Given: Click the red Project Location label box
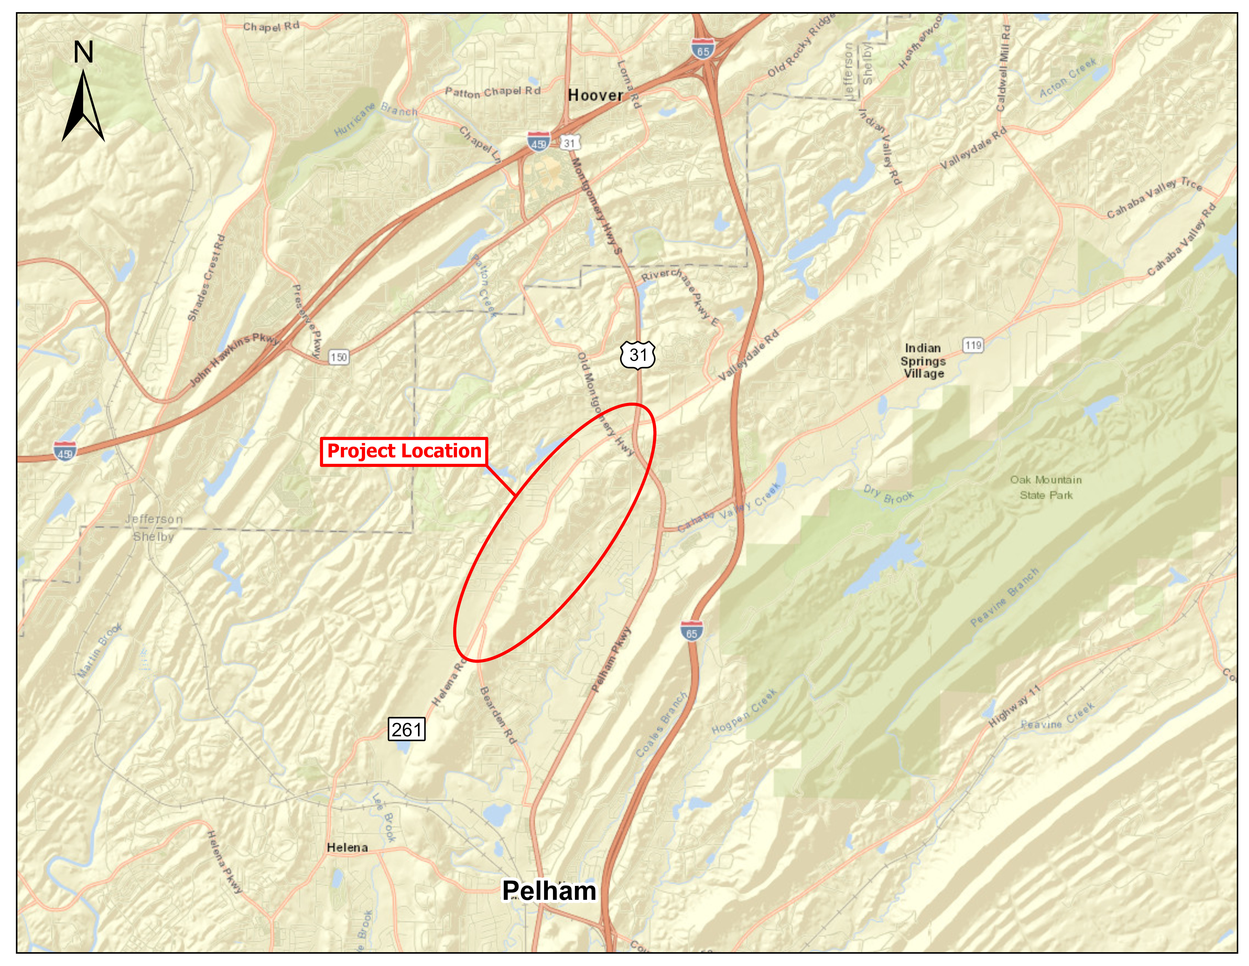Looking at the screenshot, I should tap(404, 452).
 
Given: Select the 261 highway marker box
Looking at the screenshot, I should tap(407, 730).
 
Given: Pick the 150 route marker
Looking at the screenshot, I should tap(339, 357).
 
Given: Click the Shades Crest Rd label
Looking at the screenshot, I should tap(206, 277).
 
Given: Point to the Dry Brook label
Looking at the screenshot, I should tap(888, 494).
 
